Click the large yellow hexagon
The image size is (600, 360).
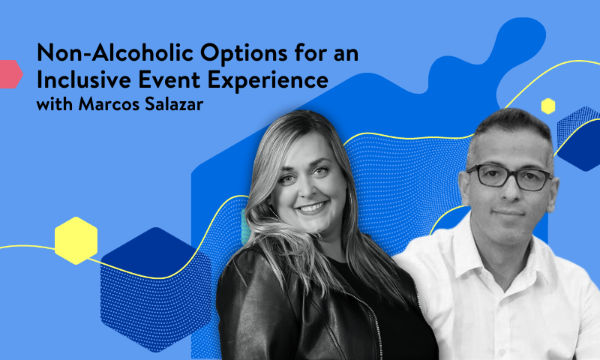76,240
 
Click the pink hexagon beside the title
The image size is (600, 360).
9,73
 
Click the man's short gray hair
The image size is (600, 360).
510,127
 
